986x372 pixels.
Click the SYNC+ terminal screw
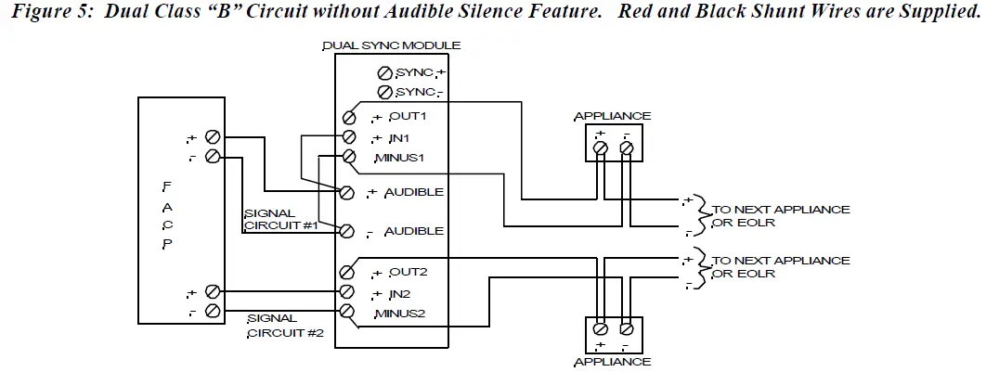pos(383,72)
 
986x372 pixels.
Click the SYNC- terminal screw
pos(383,91)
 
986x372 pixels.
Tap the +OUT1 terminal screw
pos(349,118)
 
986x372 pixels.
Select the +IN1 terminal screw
pos(349,137)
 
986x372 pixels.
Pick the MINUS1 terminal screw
pos(349,156)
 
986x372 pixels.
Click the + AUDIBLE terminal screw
pos(347,192)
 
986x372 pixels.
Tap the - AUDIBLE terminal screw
pos(347,230)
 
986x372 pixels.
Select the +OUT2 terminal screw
pos(347,273)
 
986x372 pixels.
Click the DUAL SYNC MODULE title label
pos(391,45)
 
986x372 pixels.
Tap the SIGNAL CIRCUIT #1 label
pos(280,219)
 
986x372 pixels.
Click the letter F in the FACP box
pos(166,186)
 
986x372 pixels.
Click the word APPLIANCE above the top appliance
pos(612,116)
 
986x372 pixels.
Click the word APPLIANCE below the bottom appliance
pos(612,362)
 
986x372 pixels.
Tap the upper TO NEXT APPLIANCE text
pos(780,210)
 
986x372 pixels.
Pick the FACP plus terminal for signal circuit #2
pos(212,291)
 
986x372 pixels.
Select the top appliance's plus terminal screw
pos(601,148)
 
